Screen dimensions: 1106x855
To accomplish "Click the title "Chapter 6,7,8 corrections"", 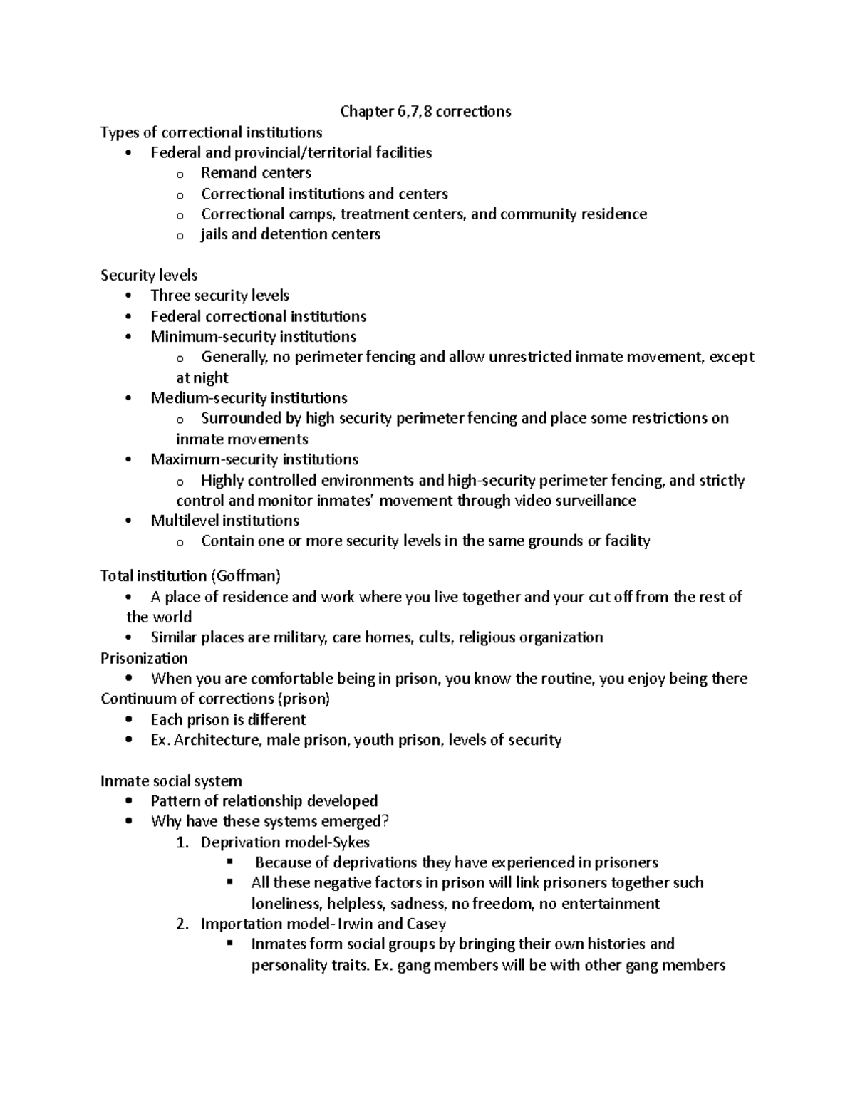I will [x=425, y=111].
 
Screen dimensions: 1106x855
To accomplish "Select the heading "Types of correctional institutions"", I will [x=211, y=132].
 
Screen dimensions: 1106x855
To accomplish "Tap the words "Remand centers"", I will [x=256, y=173].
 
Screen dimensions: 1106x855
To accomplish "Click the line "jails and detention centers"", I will [x=291, y=234].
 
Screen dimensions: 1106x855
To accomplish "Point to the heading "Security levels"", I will [x=149, y=275].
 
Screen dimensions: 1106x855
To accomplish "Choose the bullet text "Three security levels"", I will [x=219, y=296].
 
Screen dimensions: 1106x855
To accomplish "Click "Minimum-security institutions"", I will [x=253, y=336].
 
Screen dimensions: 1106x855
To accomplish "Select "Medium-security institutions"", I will [x=249, y=397].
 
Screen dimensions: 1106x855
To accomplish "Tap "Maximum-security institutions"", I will [x=254, y=459].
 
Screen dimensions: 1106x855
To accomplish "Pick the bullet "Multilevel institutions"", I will [x=224, y=521].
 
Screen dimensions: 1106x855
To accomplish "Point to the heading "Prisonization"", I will [x=144, y=658].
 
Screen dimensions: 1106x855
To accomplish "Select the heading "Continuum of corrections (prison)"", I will [x=215, y=699].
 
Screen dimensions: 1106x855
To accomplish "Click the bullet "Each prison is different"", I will [x=228, y=719].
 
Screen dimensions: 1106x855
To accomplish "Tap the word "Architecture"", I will [x=217, y=740].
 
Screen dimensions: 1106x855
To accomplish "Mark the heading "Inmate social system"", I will [x=171, y=781].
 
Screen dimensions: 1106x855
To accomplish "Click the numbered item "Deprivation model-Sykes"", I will [x=285, y=842].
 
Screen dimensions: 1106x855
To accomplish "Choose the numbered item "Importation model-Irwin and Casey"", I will [x=323, y=924].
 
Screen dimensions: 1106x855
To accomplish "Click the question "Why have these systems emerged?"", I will [x=270, y=822].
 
